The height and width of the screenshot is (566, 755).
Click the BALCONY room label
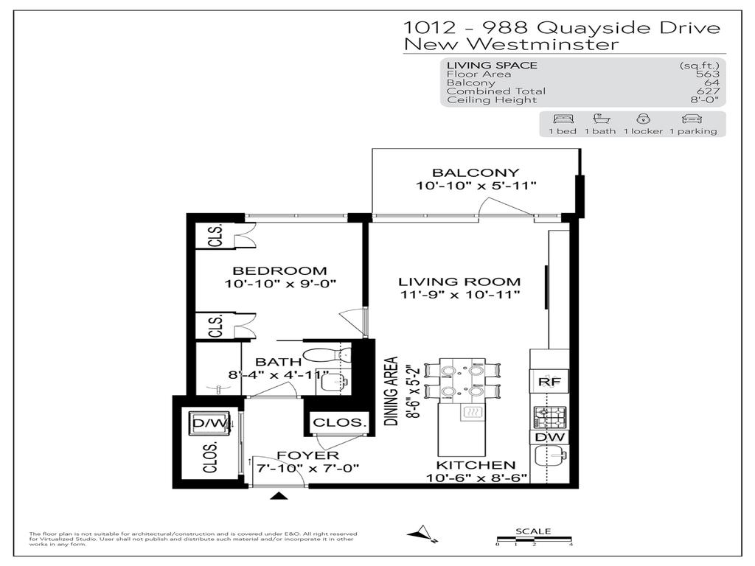click(476, 173)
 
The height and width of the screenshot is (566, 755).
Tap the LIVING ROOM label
click(459, 282)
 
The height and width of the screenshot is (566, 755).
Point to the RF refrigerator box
click(549, 381)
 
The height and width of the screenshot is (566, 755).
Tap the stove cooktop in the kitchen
click(549, 417)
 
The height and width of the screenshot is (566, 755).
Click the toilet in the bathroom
click(324, 355)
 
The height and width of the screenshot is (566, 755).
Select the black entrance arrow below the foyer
click(279, 496)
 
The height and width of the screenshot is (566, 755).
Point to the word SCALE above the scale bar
click(532, 531)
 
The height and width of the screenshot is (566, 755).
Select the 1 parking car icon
click(692, 119)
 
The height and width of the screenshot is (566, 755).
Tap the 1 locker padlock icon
click(643, 119)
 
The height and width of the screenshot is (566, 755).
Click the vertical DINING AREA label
click(392, 391)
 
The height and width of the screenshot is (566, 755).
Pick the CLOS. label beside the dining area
click(339, 423)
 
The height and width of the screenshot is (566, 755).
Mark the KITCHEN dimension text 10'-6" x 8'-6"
click(476, 478)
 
